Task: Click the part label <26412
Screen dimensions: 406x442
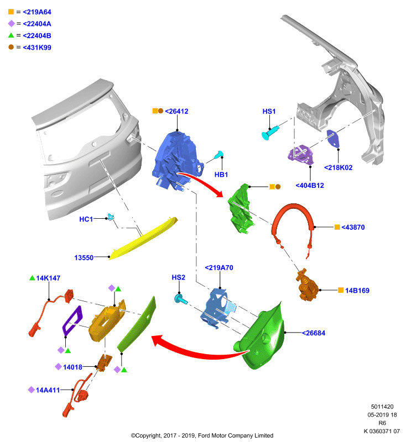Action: pyautogui.click(x=176, y=112)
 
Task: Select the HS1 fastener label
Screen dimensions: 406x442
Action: pyautogui.click(x=269, y=112)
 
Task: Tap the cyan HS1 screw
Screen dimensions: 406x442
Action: pyautogui.click(x=270, y=132)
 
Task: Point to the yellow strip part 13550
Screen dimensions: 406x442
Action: pyautogui.click(x=143, y=238)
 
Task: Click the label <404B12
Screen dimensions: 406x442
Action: pyautogui.click(x=310, y=186)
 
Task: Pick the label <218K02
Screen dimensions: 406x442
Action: pyautogui.click(x=339, y=167)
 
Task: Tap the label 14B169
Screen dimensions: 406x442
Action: pyautogui.click(x=357, y=291)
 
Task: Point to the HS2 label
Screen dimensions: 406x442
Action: pyautogui.click(x=178, y=277)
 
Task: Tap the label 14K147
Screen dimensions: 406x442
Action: pyautogui.click(x=48, y=278)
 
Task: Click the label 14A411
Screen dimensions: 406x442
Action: pyautogui.click(x=48, y=390)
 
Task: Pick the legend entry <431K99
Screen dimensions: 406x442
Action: pyautogui.click(x=37, y=48)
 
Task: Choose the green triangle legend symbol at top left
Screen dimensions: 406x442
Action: pyautogui.click(x=11, y=35)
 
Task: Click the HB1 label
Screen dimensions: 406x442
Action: pyautogui.click(x=221, y=175)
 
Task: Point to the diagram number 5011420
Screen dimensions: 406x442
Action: pyautogui.click(x=382, y=407)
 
